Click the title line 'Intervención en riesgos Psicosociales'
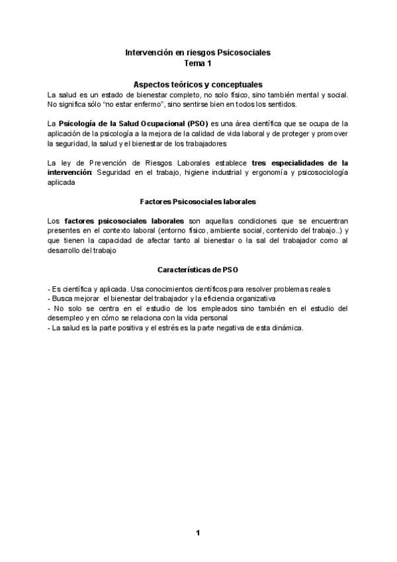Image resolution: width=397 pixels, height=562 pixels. (x=198, y=52)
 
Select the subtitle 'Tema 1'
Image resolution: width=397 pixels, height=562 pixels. (x=198, y=63)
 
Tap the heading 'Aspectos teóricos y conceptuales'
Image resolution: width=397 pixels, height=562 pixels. (x=198, y=85)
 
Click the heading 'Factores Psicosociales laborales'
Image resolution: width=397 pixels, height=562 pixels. (x=198, y=200)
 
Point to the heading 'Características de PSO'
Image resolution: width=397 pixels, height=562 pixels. (x=198, y=270)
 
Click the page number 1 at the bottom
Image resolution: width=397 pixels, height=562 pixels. (x=197, y=533)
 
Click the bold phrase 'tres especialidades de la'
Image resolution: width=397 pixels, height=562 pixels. (x=300, y=162)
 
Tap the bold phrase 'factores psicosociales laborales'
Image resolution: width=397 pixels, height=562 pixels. (x=124, y=220)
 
